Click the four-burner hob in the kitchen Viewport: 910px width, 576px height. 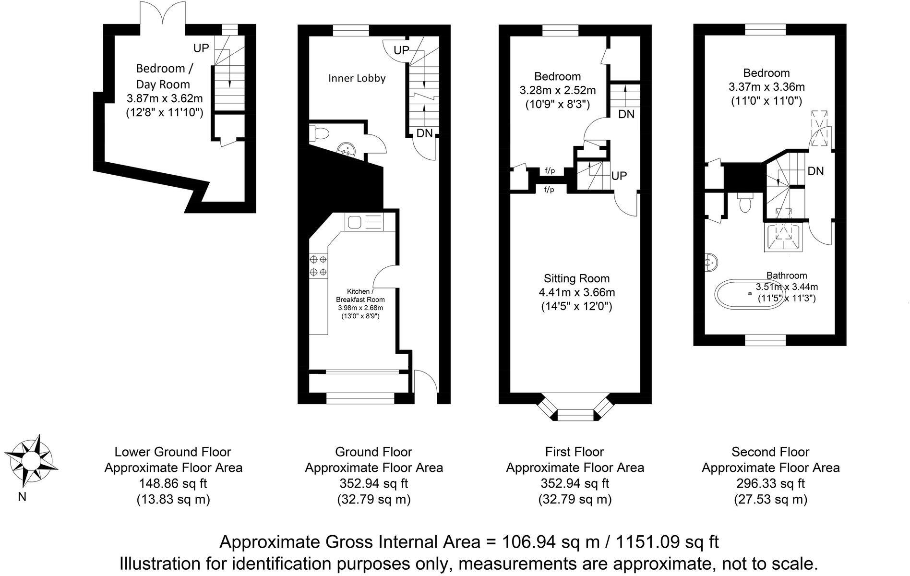coord(318,265)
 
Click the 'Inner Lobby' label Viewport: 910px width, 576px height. coord(357,78)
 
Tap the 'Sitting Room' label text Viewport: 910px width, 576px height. coord(576,278)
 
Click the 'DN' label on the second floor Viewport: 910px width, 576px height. coord(815,171)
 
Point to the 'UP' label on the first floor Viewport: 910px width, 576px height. coord(619,176)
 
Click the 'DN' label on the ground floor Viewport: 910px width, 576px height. coord(424,133)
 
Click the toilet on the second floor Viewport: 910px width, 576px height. coord(745,203)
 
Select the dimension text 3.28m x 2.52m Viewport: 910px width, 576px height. coord(558,90)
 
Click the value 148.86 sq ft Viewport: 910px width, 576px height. coord(173,483)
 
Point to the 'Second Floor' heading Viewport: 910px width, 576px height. coord(770,452)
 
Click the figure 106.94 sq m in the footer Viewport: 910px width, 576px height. coord(551,542)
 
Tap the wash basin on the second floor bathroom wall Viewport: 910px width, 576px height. coord(711,262)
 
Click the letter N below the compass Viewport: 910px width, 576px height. coord(22,497)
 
